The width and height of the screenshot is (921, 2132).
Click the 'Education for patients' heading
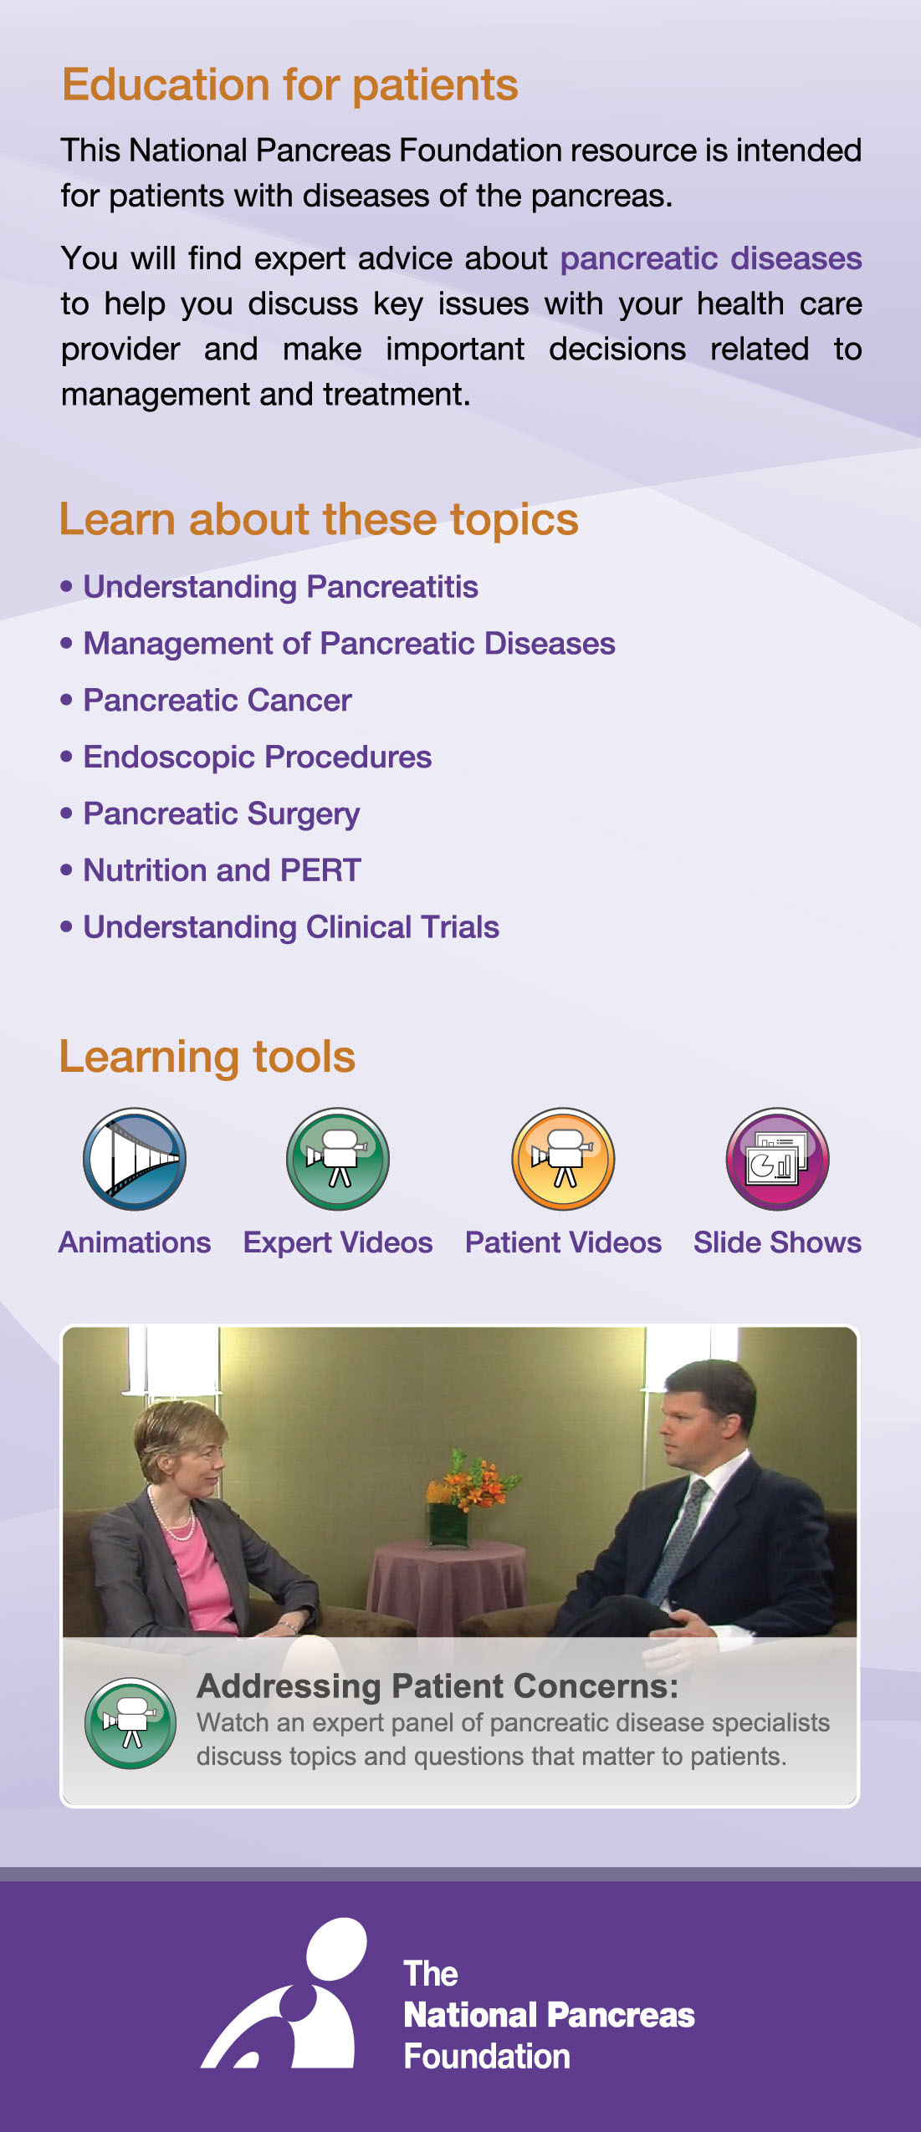pyautogui.click(x=290, y=85)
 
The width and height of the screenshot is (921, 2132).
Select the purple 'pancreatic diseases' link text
pyautogui.click(x=711, y=259)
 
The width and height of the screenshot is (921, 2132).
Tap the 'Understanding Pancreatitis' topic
pyautogui.click(x=280, y=587)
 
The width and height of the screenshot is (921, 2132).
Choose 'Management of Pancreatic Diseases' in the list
pyautogui.click(x=349, y=644)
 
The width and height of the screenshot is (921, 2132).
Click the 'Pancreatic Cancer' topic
pyautogui.click(x=217, y=701)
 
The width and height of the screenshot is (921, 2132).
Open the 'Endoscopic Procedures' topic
pyautogui.click(x=257, y=757)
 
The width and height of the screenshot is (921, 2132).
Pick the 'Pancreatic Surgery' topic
pyautogui.click(x=222, y=814)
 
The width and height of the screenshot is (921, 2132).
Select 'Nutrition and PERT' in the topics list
pyautogui.click(x=222, y=870)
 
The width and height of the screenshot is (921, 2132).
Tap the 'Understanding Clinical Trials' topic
pyautogui.click(x=291, y=927)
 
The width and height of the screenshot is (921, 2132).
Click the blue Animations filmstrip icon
pyautogui.click(x=135, y=1159)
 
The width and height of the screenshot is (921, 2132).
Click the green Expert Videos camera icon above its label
pyautogui.click(x=338, y=1159)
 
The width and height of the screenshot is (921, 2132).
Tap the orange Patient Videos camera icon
pyautogui.click(x=563, y=1159)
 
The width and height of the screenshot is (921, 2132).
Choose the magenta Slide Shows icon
pyautogui.click(x=778, y=1159)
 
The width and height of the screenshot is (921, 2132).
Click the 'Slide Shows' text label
pyautogui.click(x=777, y=1242)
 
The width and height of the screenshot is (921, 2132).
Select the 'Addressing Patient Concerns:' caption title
pyautogui.click(x=437, y=1686)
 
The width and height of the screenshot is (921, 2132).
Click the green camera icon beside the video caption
pyautogui.click(x=130, y=1723)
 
